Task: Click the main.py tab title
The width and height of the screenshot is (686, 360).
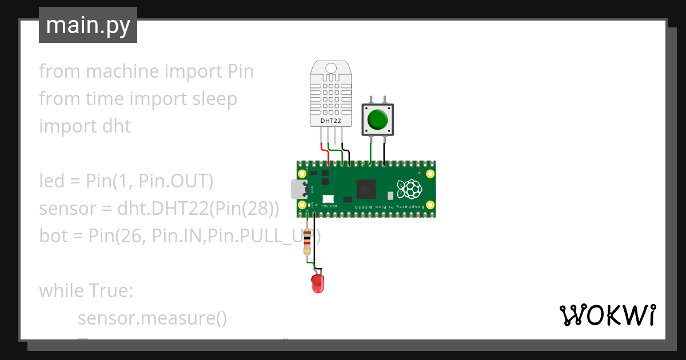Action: coord(88,25)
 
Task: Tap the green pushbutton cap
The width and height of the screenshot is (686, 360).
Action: coord(377,119)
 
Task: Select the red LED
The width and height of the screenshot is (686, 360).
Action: coord(318,283)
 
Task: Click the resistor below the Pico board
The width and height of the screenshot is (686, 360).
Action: coord(308,242)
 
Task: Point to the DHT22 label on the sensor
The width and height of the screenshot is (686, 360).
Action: coord(331,121)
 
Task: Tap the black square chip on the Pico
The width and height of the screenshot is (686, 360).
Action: coord(366,189)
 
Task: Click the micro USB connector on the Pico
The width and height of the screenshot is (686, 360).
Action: coord(298,189)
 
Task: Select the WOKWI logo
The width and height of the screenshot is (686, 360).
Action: coord(607,315)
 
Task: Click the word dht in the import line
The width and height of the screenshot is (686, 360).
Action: coord(118,126)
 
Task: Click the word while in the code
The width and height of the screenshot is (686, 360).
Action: coord(61,291)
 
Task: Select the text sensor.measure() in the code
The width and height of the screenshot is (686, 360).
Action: coord(152,318)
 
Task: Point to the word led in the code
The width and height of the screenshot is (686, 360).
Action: coord(51,181)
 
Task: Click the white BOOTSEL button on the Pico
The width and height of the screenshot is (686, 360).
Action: coord(328,198)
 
